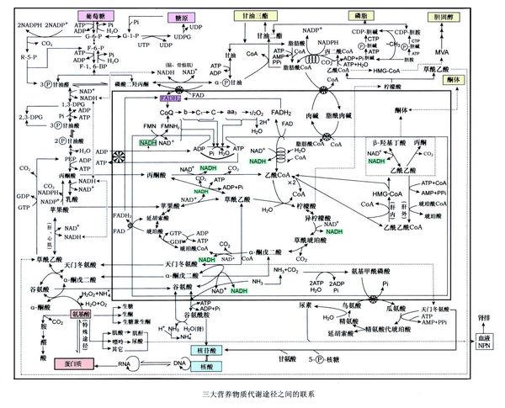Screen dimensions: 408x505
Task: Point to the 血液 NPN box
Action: click(482, 342)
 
